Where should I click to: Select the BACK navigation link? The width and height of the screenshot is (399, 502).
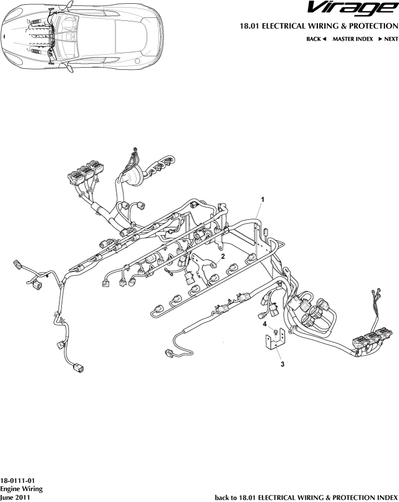(x=317, y=40)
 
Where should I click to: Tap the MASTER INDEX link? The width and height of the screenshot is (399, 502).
(x=352, y=40)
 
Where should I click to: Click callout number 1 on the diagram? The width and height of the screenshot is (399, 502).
(x=263, y=200)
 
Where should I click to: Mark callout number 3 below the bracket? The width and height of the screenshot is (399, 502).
(x=282, y=364)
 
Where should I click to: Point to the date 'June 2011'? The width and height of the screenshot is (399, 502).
(x=15, y=497)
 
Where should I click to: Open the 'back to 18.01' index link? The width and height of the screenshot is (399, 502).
(x=306, y=497)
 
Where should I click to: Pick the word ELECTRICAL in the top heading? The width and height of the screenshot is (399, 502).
(x=285, y=26)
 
